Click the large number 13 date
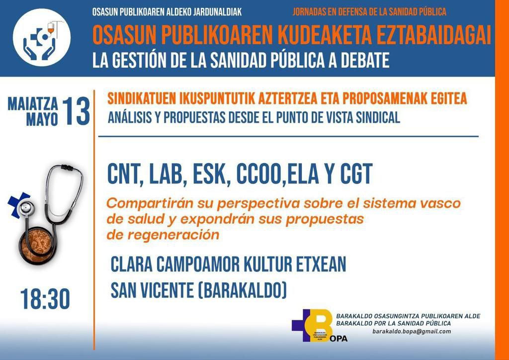(77, 111)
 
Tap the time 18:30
(45, 299)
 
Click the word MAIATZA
(33, 104)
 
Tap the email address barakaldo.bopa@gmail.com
(412, 332)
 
